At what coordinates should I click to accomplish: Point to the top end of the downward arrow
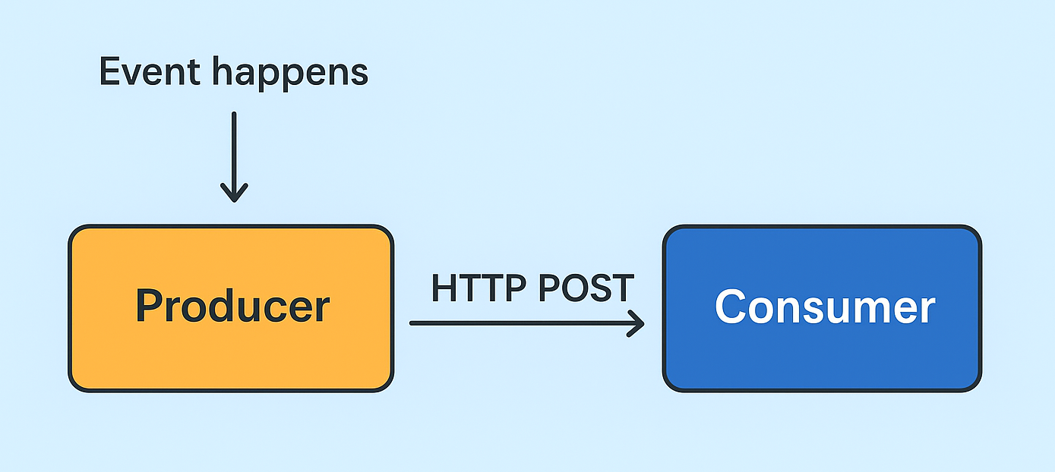(234, 115)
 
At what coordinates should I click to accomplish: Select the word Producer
(232, 307)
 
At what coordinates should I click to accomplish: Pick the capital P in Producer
(150, 305)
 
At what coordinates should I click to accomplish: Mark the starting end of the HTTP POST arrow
(412, 323)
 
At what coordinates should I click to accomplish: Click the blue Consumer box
(822, 357)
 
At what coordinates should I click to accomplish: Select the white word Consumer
(824, 307)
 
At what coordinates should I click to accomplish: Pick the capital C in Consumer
(731, 307)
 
